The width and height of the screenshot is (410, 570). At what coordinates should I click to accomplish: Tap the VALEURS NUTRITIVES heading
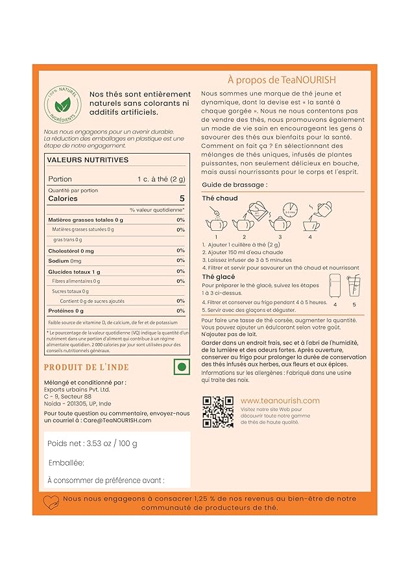click(88, 160)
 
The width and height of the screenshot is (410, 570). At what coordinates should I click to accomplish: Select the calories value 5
click(182, 199)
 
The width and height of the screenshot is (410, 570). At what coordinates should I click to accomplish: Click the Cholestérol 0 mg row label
click(71, 250)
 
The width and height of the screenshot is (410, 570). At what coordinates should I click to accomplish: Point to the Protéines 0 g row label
click(66, 311)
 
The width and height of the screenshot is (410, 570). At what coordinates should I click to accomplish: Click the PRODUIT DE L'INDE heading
click(86, 368)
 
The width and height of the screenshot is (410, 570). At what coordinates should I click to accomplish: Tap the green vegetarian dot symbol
click(182, 366)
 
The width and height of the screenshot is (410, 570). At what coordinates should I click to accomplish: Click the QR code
click(219, 411)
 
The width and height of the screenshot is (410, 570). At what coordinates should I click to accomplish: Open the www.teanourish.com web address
click(280, 401)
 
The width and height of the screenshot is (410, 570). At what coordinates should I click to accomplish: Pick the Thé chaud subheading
click(220, 198)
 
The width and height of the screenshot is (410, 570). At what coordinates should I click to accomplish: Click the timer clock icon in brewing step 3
click(289, 211)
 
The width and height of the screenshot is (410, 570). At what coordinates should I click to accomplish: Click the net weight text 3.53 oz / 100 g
click(92, 444)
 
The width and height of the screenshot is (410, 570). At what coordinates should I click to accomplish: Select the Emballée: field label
click(66, 463)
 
